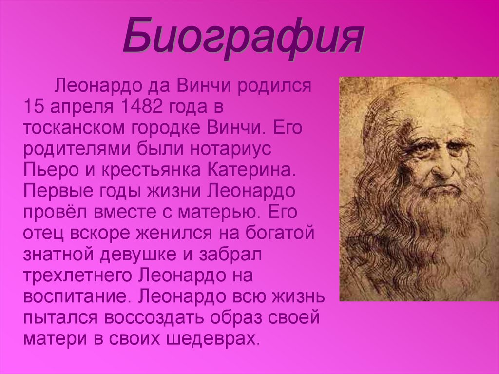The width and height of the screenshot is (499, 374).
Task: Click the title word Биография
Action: [x=243, y=37]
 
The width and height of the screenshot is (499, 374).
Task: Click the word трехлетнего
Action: [x=77, y=276]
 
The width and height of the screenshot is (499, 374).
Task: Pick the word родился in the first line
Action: [x=274, y=87]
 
